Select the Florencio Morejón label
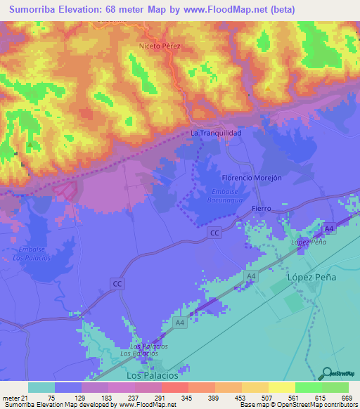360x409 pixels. point(251,178)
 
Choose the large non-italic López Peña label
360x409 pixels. point(312,278)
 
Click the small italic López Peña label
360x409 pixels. point(309,242)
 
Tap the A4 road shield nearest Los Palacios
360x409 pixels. point(180,323)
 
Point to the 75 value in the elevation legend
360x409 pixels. point(51,398)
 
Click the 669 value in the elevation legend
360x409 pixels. point(347,398)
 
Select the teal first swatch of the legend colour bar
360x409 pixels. point(41,387)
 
